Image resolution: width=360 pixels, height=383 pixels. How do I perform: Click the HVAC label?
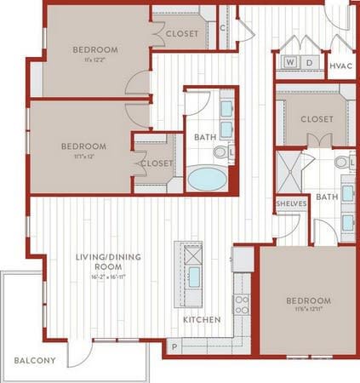(x=340, y=65)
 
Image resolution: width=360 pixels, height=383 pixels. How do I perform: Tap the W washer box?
(x=290, y=63)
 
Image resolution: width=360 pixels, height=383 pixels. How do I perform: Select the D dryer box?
(x=310, y=63)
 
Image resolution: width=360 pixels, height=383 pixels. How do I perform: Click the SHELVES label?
(x=291, y=204)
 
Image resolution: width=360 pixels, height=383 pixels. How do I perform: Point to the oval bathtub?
(x=208, y=179)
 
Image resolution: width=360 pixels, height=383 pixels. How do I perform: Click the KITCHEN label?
(x=202, y=320)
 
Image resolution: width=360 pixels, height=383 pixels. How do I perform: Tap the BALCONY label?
(x=35, y=360)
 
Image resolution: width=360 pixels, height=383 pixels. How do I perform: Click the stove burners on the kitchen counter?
(x=241, y=305)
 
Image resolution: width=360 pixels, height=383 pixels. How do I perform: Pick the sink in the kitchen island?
(x=194, y=277)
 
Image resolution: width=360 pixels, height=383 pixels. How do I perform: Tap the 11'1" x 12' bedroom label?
(x=83, y=151)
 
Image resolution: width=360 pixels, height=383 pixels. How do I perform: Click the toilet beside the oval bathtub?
(x=220, y=152)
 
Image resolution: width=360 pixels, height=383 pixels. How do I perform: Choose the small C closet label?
(x=222, y=27)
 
